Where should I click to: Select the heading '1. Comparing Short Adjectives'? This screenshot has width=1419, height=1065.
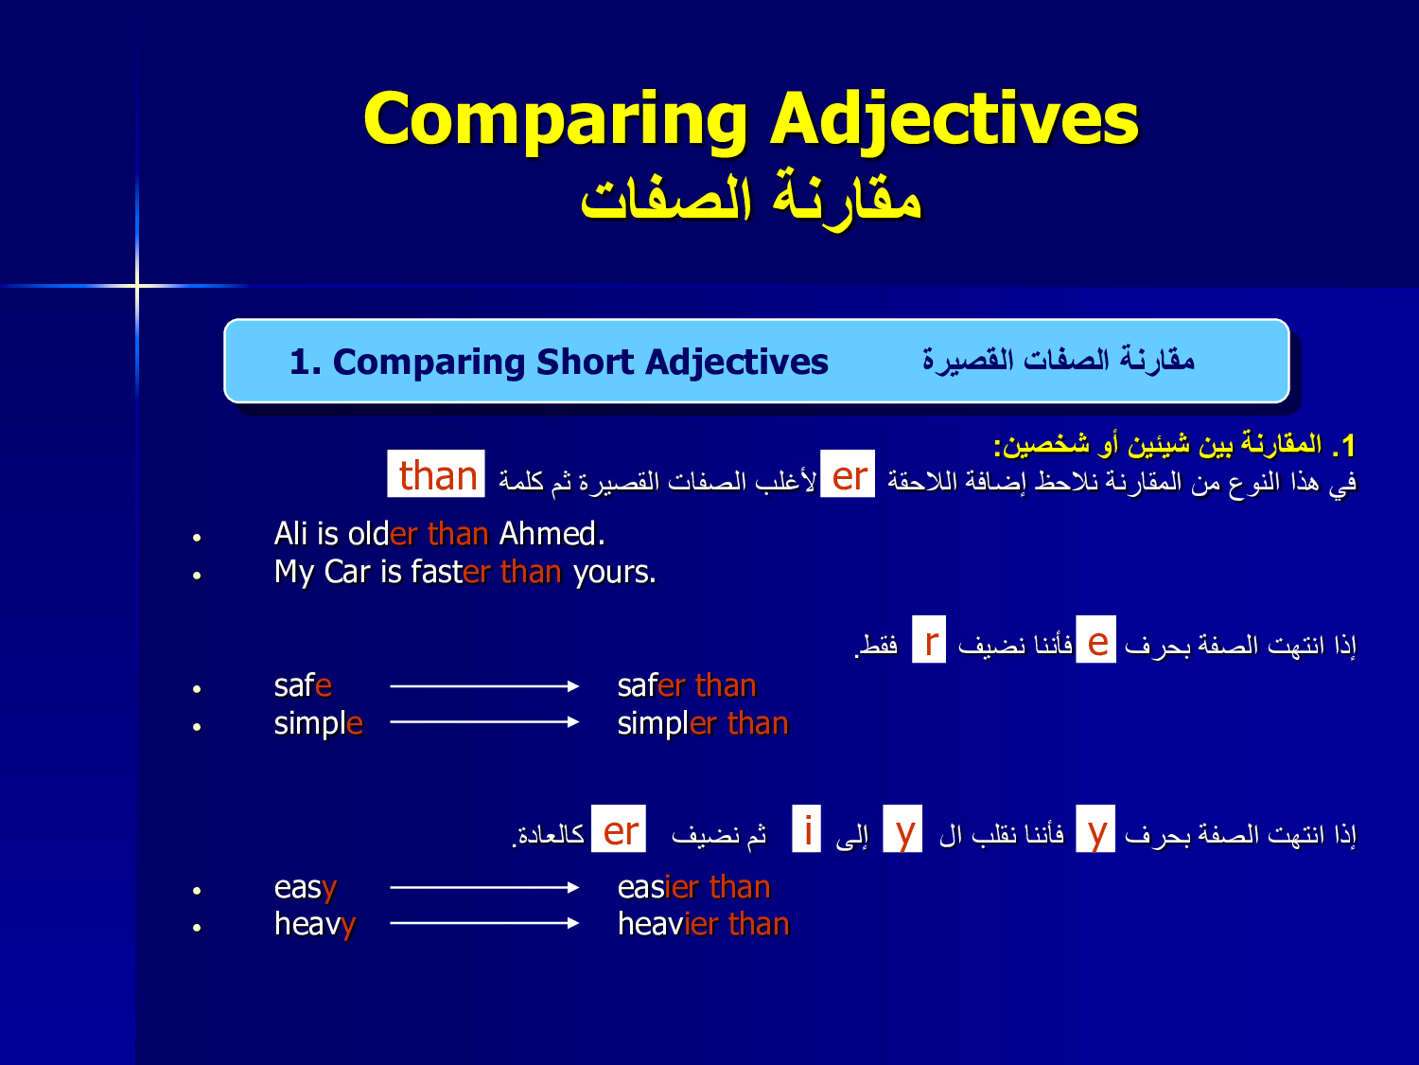click(558, 362)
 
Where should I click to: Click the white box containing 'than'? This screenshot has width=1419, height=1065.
click(436, 473)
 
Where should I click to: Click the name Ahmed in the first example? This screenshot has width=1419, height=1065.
click(552, 534)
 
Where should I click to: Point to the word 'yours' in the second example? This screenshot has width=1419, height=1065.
click(614, 573)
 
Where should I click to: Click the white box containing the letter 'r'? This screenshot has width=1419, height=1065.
click(929, 640)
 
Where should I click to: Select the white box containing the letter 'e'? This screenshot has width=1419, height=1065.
click(1095, 640)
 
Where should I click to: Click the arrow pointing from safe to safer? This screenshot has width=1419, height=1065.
click(484, 686)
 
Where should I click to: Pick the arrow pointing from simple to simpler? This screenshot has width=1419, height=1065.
click(484, 722)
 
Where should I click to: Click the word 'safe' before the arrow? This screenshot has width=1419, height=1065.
click(303, 685)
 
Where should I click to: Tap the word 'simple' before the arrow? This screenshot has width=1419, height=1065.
click(318, 724)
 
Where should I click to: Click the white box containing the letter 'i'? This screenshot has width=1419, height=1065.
click(807, 828)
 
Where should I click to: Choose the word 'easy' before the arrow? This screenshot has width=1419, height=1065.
click(306, 889)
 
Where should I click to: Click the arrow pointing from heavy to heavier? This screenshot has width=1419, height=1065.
click(484, 923)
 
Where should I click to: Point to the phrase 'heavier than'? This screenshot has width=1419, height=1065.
click(704, 924)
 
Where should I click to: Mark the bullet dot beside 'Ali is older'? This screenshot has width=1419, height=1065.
click(197, 538)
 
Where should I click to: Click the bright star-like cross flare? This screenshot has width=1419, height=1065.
click(137, 285)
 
